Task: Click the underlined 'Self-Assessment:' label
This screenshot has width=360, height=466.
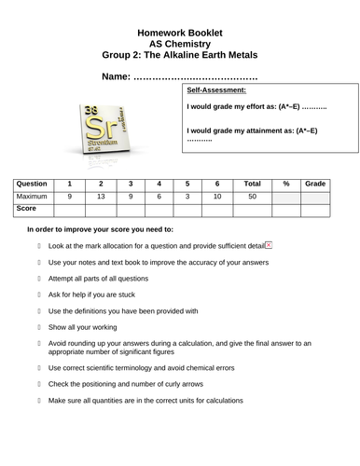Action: [x=216, y=90]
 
